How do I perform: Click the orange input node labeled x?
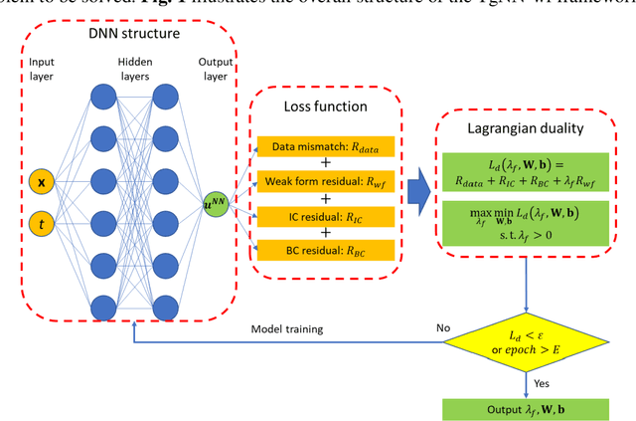tap(41, 182)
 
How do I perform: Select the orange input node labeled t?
tap(41, 226)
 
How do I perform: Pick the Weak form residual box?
tap(325, 181)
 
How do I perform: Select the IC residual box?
tap(325, 214)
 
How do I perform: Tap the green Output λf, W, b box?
tap(527, 408)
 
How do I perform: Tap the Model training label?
tap(289, 327)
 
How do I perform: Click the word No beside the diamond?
tap(442, 327)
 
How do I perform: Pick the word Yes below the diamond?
tap(543, 383)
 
